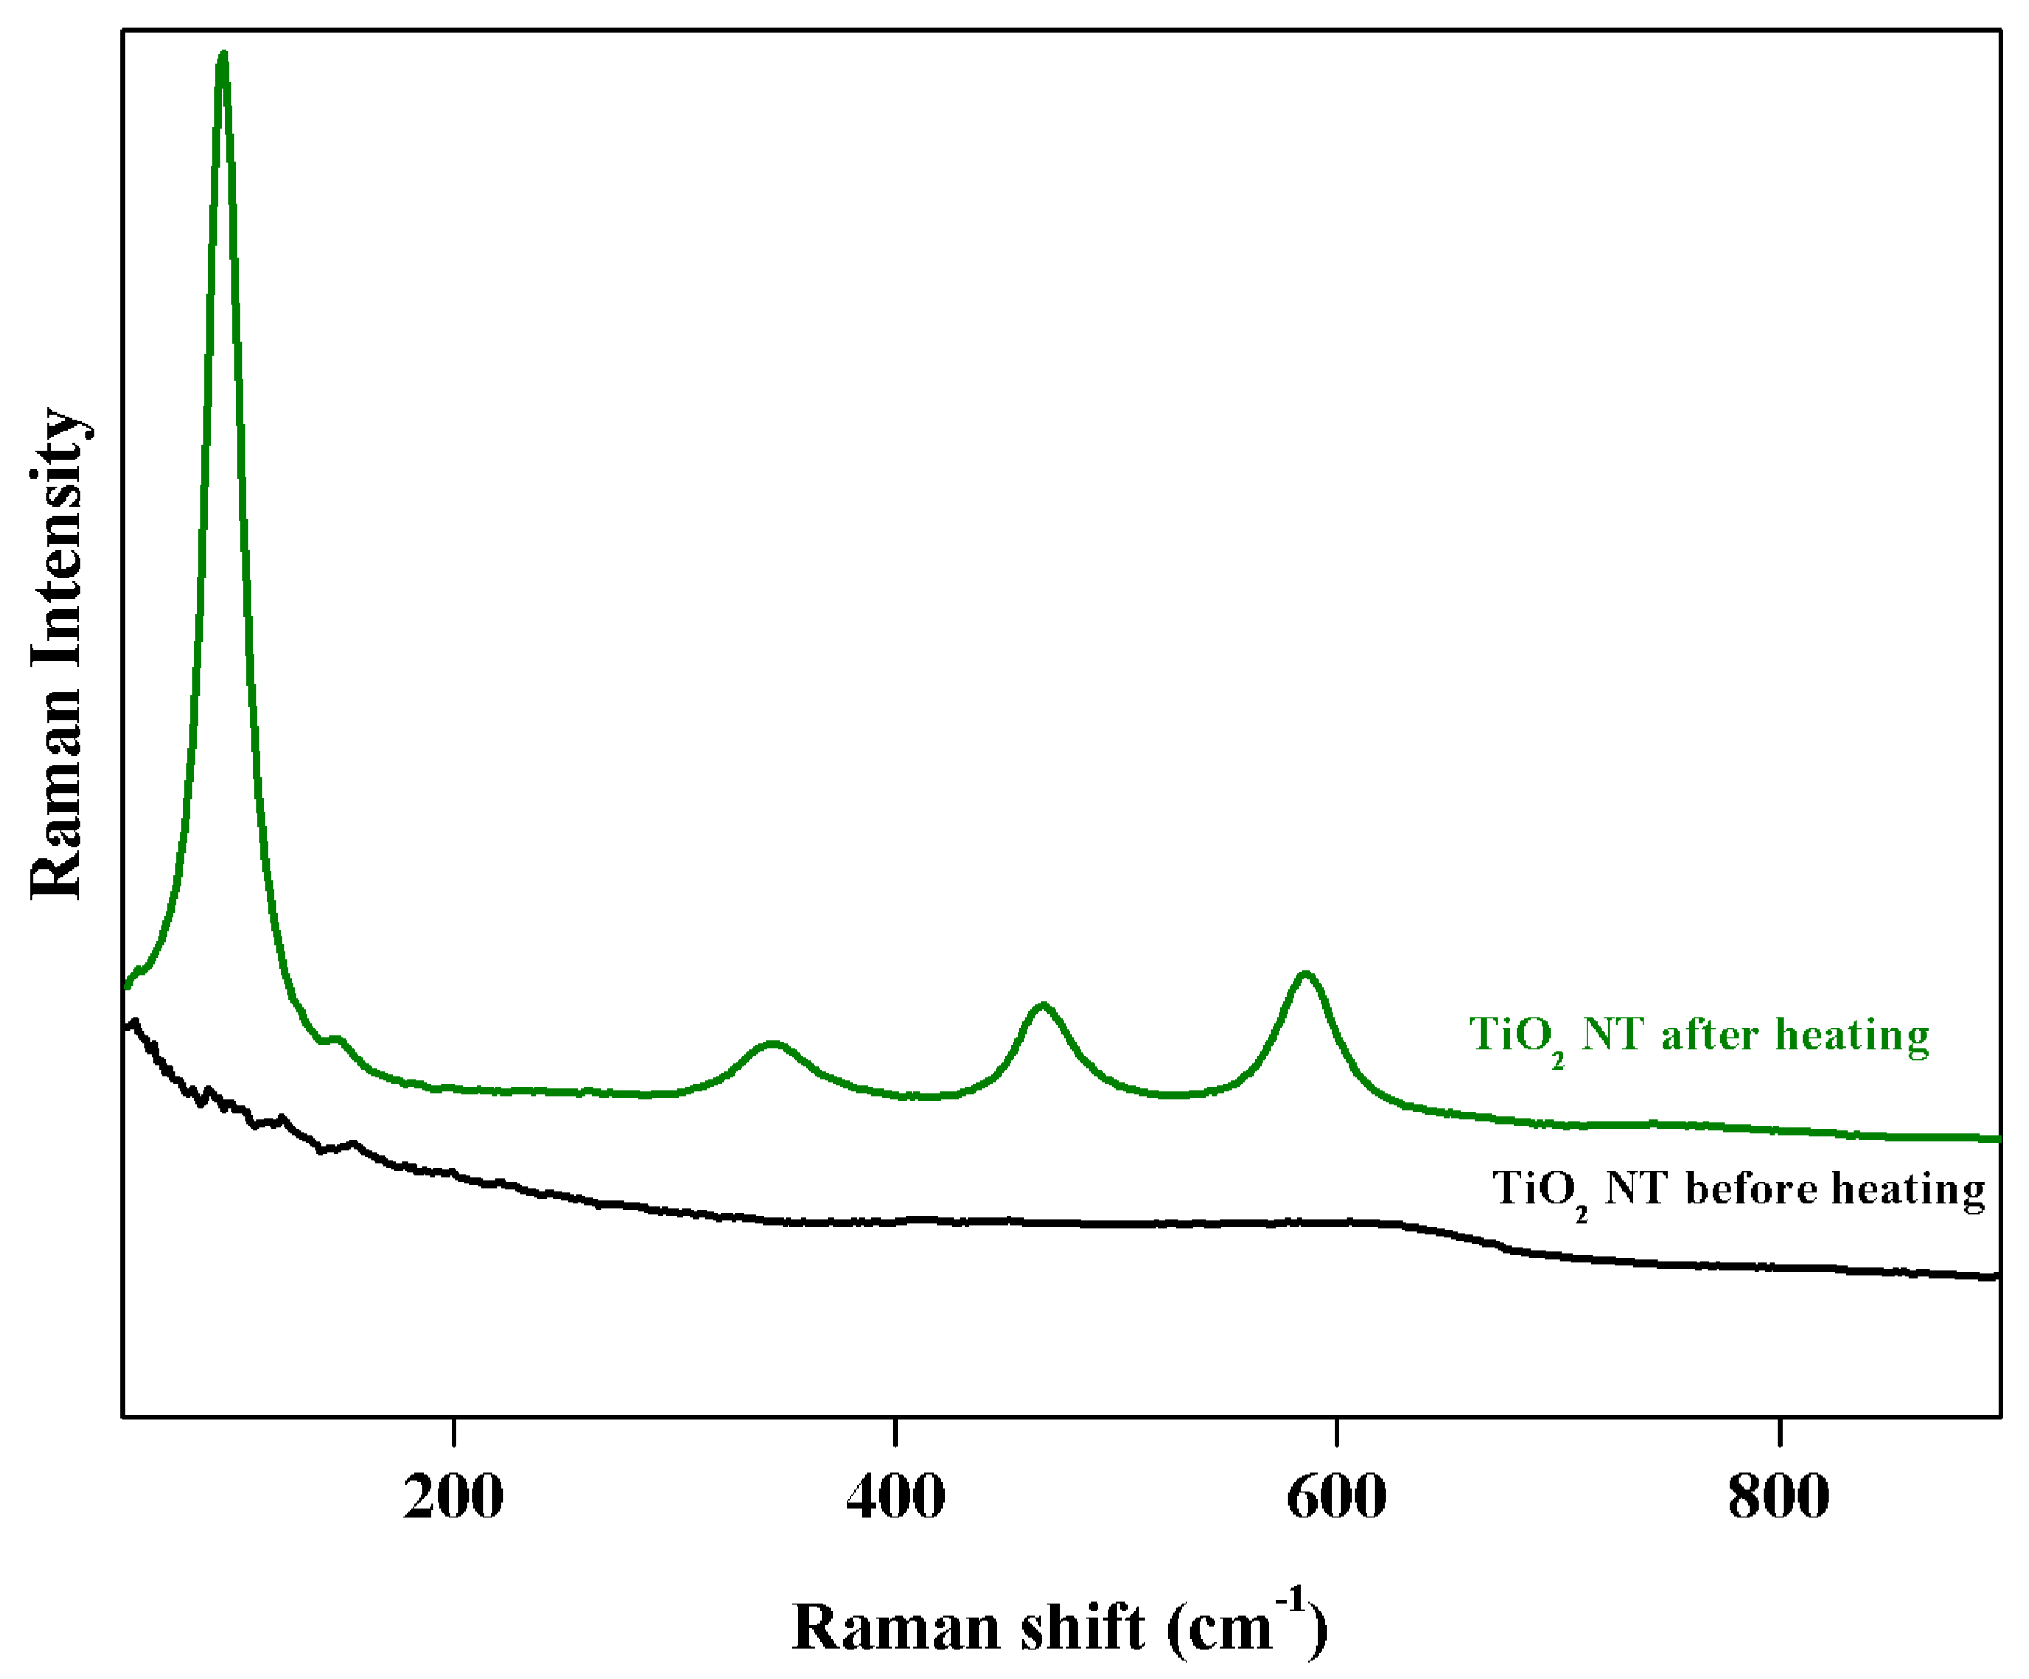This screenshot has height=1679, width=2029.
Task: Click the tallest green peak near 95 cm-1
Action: pos(223,56)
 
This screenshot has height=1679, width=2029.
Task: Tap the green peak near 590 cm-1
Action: pos(1305,974)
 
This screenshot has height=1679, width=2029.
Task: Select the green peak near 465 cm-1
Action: pos(1042,1006)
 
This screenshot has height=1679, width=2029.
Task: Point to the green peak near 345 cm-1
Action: pos(771,1043)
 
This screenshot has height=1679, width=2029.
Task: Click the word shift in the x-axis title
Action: pos(1083,1627)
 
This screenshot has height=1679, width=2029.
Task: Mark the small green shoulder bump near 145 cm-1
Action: pos(335,1039)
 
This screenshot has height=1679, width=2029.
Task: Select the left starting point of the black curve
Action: pos(127,1028)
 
